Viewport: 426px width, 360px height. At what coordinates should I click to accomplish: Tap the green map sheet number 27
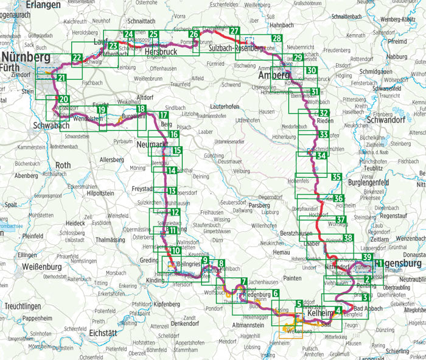tap(234, 32)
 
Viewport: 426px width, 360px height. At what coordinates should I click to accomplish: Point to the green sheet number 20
tap(63, 99)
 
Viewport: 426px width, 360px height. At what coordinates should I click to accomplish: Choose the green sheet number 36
tap(338, 199)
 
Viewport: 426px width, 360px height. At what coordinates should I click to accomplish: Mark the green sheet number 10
tap(175, 250)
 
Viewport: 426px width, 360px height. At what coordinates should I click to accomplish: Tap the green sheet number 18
tap(141, 110)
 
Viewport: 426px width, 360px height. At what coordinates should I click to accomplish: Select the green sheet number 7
tap(243, 281)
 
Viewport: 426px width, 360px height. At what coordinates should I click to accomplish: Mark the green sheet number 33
tap(324, 135)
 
